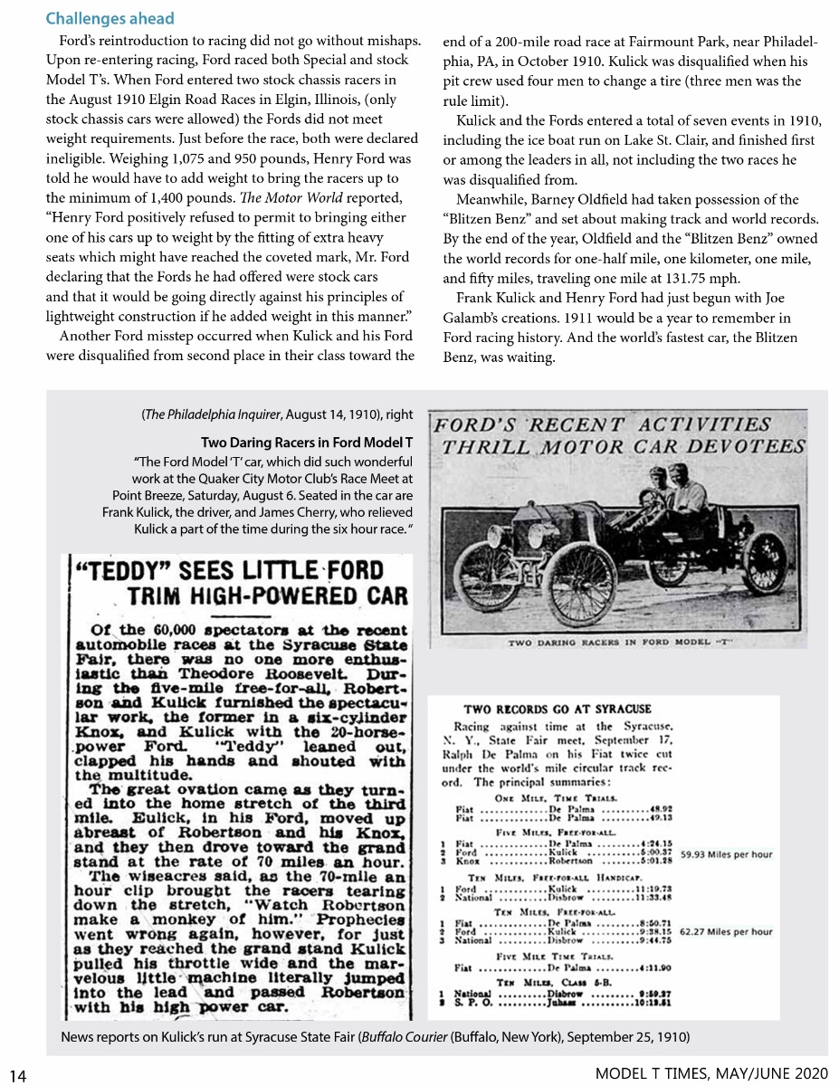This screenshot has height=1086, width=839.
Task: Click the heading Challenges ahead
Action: [x=110, y=18]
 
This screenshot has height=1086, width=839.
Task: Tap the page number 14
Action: [x=18, y=1075]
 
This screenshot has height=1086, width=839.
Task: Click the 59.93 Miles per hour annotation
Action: [x=726, y=853]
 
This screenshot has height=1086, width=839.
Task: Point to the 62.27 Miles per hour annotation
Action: [x=726, y=931]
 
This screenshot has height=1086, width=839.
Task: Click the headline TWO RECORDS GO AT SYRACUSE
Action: [x=557, y=709]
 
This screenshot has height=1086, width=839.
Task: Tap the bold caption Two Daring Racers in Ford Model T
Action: [x=306, y=443]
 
